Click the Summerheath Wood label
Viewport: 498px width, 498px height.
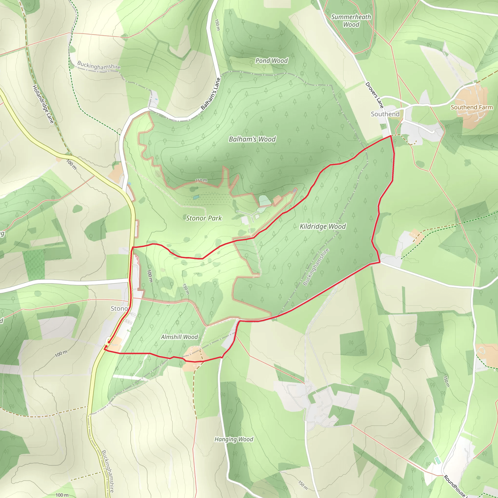pyautogui.click(x=351, y=21)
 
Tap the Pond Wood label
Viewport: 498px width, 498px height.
pyautogui.click(x=271, y=61)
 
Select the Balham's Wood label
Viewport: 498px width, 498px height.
pyautogui.click(x=252, y=139)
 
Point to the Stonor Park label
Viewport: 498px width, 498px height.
pyautogui.click(x=204, y=218)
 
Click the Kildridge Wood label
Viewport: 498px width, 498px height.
pyautogui.click(x=322, y=226)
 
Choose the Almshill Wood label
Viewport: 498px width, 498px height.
pyautogui.click(x=179, y=337)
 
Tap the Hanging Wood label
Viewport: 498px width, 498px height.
pyautogui.click(x=234, y=439)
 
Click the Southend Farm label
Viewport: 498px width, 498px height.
pyautogui.click(x=471, y=107)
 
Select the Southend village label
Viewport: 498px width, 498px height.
pyautogui.click(x=385, y=114)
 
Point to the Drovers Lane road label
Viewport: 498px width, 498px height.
pyautogui.click(x=374, y=95)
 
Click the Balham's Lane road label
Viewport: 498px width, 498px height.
pyautogui.click(x=211, y=94)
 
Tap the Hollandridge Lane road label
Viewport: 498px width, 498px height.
pyautogui.click(x=43, y=104)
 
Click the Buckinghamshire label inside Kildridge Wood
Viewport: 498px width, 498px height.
pyautogui.click(x=316, y=267)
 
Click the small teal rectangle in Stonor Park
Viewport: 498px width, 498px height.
pyautogui.click(x=196, y=197)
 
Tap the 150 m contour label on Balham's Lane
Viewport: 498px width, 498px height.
pyautogui.click(x=218, y=25)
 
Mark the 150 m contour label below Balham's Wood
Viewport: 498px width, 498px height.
pyautogui.click(x=201, y=180)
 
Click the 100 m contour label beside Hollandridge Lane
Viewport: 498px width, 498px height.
pyautogui.click(x=71, y=164)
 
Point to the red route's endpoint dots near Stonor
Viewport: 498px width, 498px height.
pyautogui.click(x=107, y=344)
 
